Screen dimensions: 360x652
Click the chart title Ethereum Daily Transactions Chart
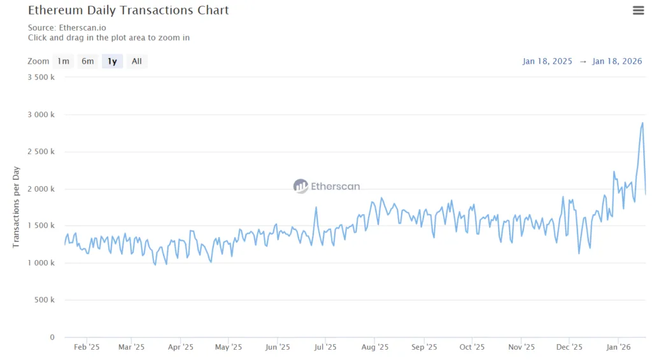(x=128, y=10)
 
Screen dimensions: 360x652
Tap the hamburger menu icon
(x=638, y=10)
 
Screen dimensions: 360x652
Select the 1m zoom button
(x=63, y=61)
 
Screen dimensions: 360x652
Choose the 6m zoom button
(x=87, y=61)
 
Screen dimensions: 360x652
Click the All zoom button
(x=136, y=61)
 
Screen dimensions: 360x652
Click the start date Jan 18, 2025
(x=548, y=61)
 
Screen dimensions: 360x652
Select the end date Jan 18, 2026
(x=617, y=61)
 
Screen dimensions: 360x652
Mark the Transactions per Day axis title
(x=17, y=207)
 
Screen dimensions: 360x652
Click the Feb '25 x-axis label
(x=87, y=347)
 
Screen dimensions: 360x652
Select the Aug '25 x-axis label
(x=375, y=347)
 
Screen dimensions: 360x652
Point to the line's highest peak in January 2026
(x=642, y=123)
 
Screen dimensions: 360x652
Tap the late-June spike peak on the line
(x=316, y=207)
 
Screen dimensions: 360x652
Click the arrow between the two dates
(x=583, y=61)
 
